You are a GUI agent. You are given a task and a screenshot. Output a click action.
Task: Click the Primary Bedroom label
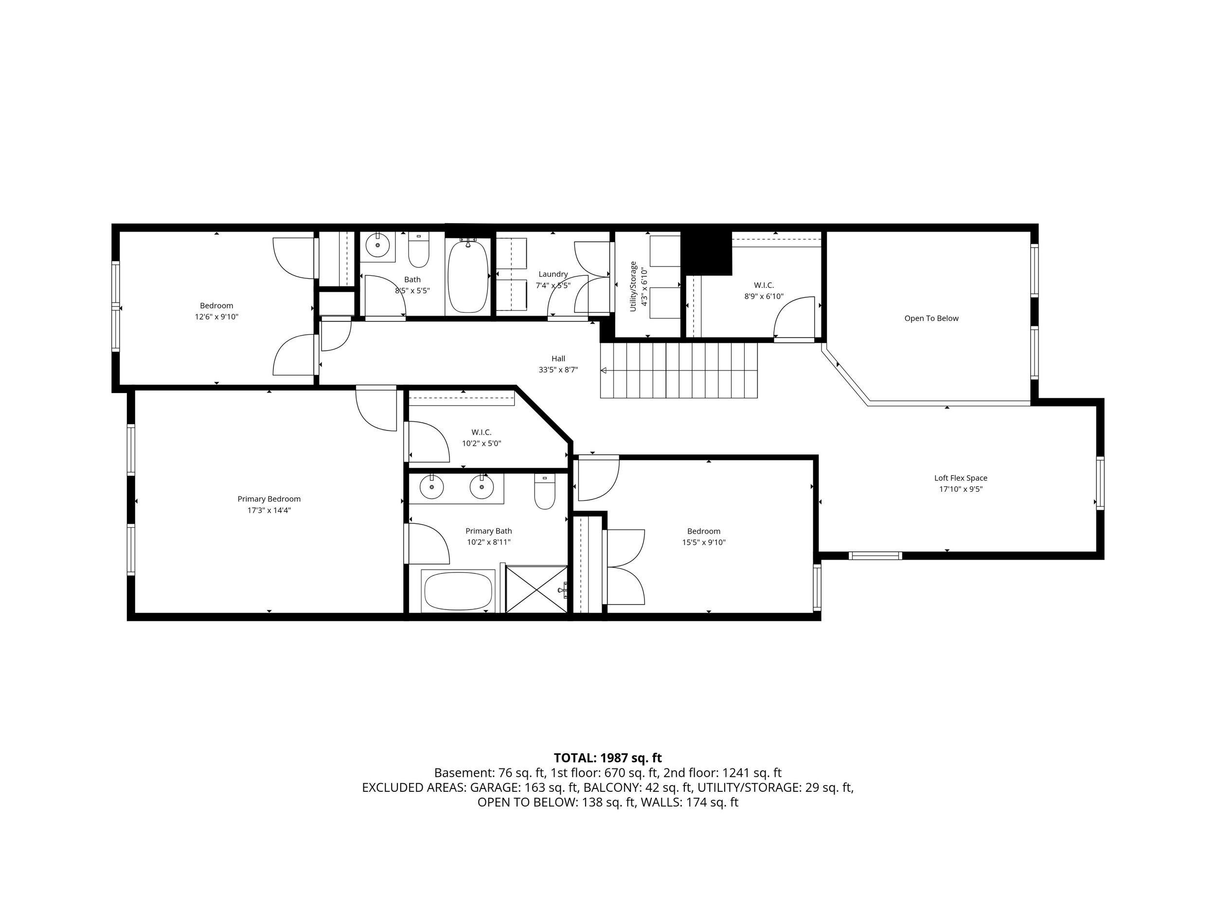tap(269, 499)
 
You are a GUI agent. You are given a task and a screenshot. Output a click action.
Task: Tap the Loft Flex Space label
tap(960, 478)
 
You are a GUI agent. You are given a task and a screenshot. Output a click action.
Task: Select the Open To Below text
tap(931, 318)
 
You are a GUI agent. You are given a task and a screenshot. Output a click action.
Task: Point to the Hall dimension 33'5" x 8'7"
tap(558, 370)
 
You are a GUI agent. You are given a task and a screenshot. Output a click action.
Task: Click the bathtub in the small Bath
tap(468, 276)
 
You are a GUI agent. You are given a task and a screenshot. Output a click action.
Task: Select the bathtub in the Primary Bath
tap(458, 591)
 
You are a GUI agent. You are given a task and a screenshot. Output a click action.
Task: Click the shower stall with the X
tap(536, 589)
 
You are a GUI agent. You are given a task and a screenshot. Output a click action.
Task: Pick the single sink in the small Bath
tap(377, 245)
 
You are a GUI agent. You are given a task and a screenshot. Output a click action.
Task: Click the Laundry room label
tap(553, 274)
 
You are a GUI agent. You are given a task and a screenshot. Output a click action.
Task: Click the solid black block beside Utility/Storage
tap(706, 252)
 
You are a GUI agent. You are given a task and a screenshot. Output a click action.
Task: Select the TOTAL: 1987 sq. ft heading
tap(608, 758)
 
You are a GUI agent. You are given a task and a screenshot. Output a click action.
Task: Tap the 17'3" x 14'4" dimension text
tap(269, 510)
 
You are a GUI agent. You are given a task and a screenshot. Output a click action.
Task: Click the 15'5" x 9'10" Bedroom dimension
tap(704, 543)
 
